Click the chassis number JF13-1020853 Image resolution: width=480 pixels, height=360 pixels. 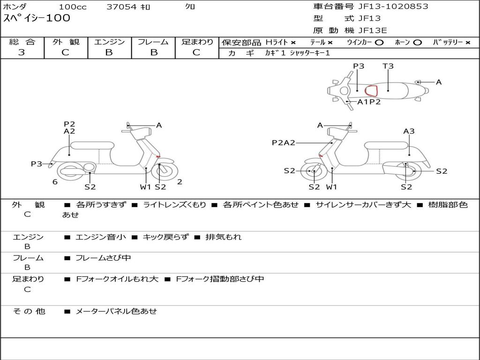pyautogui.click(x=393, y=6)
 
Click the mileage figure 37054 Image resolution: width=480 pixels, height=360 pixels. pyautogui.click(x=121, y=7)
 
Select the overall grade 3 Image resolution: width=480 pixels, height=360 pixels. pyautogui.click(x=22, y=52)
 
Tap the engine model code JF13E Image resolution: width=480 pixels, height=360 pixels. pyautogui.click(x=373, y=30)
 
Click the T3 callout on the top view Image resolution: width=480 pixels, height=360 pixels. pyautogui.click(x=388, y=66)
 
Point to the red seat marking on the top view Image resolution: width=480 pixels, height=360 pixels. pyautogui.click(x=371, y=91)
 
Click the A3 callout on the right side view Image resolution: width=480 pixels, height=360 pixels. pyautogui.click(x=409, y=131)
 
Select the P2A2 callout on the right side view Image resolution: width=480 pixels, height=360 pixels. pyautogui.click(x=284, y=142)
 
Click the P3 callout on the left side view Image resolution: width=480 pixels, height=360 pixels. pyautogui.click(x=37, y=164)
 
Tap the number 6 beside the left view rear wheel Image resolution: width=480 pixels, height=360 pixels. pyautogui.click(x=55, y=182)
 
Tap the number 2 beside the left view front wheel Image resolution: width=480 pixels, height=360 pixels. pyautogui.click(x=180, y=182)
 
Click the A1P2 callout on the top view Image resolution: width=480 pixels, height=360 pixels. pyautogui.click(x=369, y=102)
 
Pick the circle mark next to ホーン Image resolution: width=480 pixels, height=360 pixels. pyautogui.click(x=417, y=43)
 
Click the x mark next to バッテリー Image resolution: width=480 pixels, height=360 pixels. pyautogui.click(x=468, y=43)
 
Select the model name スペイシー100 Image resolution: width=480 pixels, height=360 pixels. pyautogui.click(x=37, y=18)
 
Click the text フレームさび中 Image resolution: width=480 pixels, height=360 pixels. pyautogui.click(x=103, y=258)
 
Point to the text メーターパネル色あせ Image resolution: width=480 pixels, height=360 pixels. pyautogui.click(x=116, y=311)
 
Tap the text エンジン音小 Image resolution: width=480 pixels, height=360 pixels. pyautogui.click(x=101, y=237)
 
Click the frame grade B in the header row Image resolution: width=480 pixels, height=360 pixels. pyautogui.click(x=154, y=52)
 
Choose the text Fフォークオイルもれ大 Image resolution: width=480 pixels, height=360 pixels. pyautogui.click(x=117, y=279)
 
